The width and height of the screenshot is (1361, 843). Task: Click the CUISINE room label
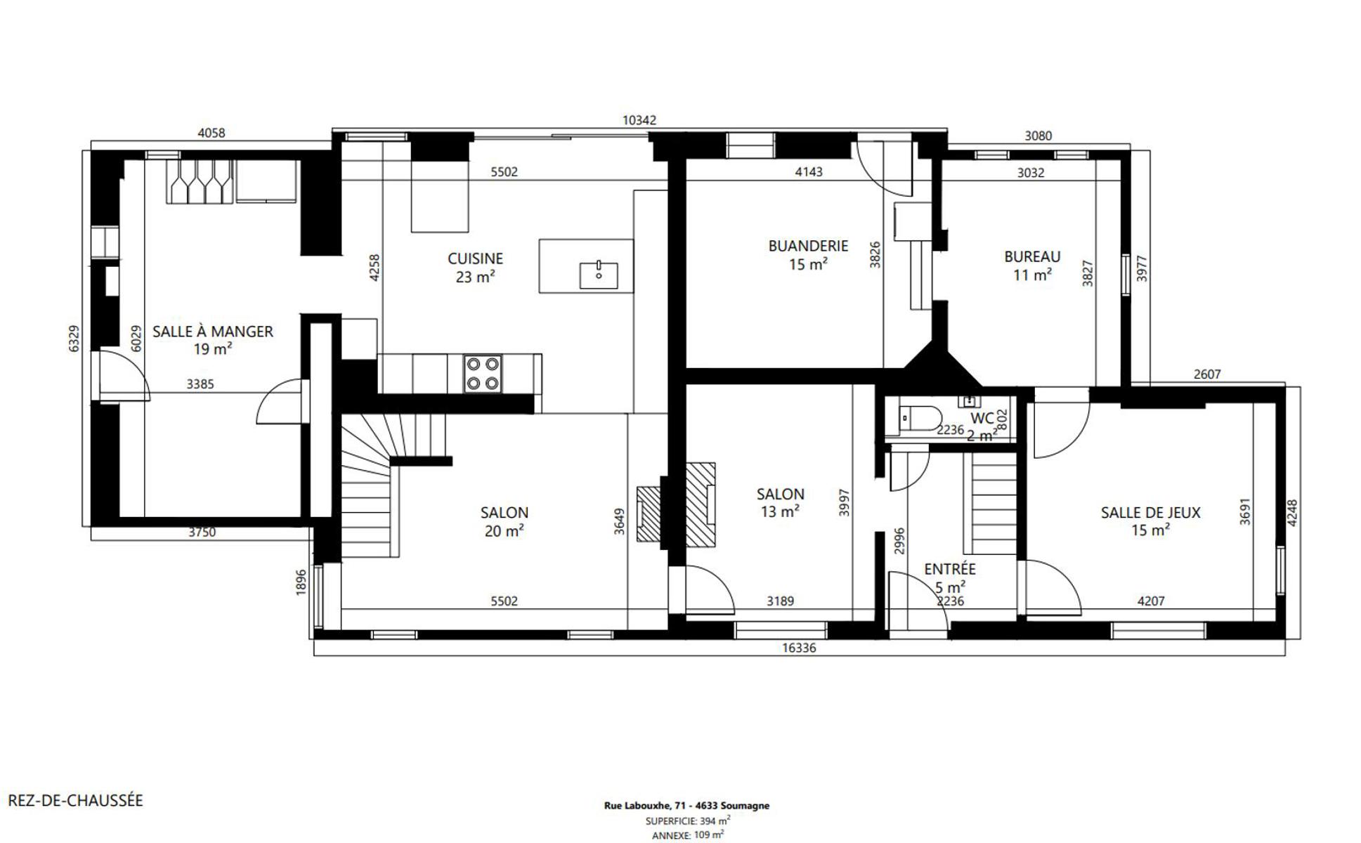[475, 259]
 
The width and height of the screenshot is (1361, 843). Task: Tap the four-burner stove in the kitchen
[483, 373]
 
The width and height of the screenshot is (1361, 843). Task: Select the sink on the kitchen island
[599, 275]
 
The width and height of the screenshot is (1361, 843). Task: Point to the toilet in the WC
[920, 418]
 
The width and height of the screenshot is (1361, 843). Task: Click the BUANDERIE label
[808, 246]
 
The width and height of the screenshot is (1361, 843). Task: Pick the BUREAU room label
[1031, 256]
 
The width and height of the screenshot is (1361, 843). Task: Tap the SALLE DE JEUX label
[1150, 513]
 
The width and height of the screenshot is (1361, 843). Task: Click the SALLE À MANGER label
[212, 332]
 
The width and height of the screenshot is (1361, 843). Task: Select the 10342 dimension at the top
[639, 120]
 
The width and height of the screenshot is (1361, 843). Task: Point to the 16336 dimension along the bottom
[799, 648]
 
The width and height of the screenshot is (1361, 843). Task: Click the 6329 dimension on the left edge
[74, 338]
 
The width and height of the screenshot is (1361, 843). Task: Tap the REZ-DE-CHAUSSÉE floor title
[75, 800]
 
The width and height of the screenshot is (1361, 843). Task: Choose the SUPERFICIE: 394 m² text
[687, 821]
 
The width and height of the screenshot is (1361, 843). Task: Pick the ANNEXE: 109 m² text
[687, 835]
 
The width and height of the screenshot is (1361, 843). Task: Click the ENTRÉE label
[949, 569]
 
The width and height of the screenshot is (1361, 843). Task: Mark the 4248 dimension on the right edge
[1292, 513]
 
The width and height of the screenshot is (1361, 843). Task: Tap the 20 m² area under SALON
[504, 531]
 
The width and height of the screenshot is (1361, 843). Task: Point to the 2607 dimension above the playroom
[1207, 374]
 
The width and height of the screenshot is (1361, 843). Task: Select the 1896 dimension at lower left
[301, 582]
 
